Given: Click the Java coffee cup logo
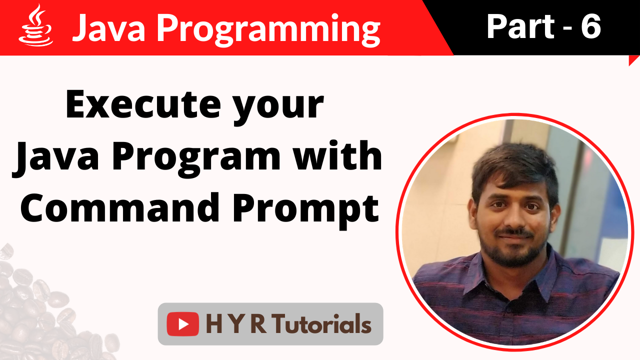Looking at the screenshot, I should [35, 26].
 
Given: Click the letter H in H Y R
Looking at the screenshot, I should [214, 324].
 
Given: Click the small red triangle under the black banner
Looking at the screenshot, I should [634, 60].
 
